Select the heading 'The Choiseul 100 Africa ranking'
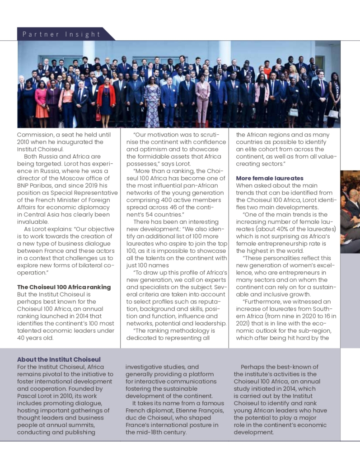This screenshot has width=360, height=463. click(x=64, y=287)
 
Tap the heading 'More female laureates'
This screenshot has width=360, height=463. click(x=270, y=178)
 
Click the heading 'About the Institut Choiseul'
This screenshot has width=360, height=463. click(x=59, y=359)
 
